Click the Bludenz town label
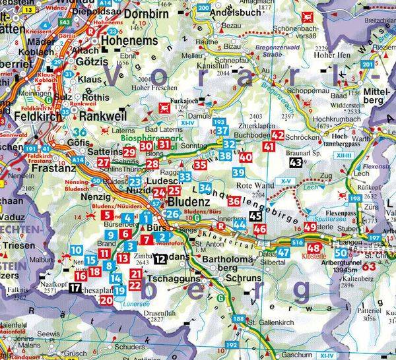click(x=188, y=200)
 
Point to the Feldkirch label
click(x=30, y=116)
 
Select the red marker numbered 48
click(x=316, y=249)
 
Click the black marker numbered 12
click(x=162, y=258)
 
